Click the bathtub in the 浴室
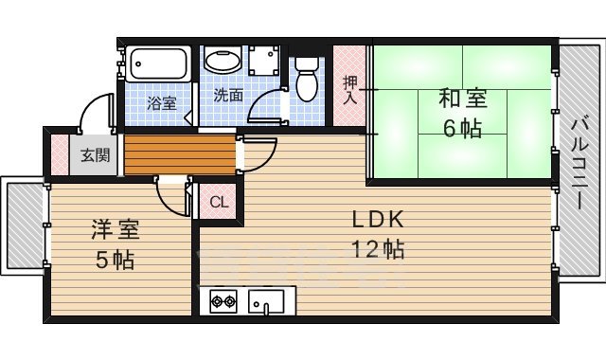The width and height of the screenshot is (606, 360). coord(157,63)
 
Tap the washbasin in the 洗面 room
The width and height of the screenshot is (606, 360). coord(223,62)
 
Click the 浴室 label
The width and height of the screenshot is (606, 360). coord(162,103)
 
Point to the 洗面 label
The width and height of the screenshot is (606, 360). coord(227,95)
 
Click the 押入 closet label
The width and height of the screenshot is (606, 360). coord(348,90)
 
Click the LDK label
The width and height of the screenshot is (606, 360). coord(379,221)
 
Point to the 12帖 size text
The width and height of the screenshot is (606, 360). coord(379,250)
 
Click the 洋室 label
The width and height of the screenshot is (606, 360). coord(112,229)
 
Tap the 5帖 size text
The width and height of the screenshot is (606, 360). coord(112,259)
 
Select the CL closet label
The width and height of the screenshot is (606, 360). coord(218,201)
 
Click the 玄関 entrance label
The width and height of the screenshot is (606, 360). coord(94,155)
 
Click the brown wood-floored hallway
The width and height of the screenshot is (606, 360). coord(178,155)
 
